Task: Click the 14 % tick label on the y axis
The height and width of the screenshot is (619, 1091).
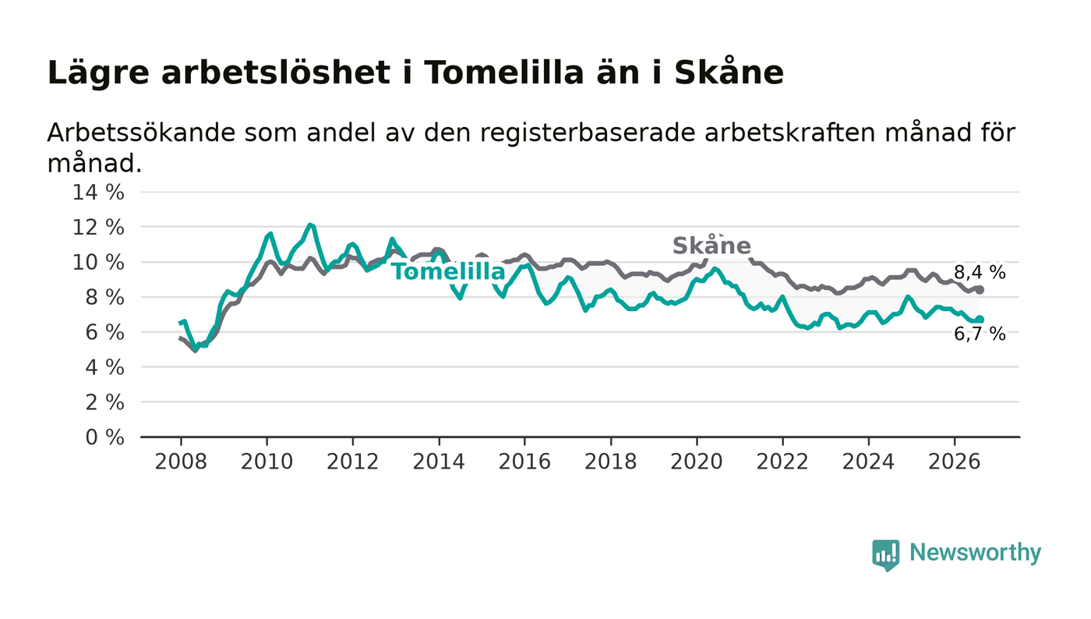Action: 98,193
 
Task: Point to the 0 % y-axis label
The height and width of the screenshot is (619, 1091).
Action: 104,437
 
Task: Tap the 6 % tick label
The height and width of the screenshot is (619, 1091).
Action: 104,333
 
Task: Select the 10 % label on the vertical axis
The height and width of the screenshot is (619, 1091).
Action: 98,263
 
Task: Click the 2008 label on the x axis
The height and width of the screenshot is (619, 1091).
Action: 181,462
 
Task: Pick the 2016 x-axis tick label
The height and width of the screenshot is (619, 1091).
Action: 524,462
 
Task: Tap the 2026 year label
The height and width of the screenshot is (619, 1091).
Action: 954,462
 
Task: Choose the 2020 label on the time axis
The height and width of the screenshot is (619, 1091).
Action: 697,462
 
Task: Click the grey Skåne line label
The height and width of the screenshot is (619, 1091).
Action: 711,246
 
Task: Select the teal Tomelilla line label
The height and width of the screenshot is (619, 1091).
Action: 449,271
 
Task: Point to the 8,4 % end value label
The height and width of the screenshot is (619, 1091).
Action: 980,272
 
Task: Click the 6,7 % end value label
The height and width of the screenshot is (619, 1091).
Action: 980,334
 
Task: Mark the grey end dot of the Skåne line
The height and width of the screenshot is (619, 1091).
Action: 980,290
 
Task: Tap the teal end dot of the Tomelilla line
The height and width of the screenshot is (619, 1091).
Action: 980,320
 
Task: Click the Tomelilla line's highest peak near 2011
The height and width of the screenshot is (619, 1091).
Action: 310,225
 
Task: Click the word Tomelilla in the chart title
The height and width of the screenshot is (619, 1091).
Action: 504,73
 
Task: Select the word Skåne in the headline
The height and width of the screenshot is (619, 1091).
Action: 729,73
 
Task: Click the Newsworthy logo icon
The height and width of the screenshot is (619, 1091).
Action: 886,555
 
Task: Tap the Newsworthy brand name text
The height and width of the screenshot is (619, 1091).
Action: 976,553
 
